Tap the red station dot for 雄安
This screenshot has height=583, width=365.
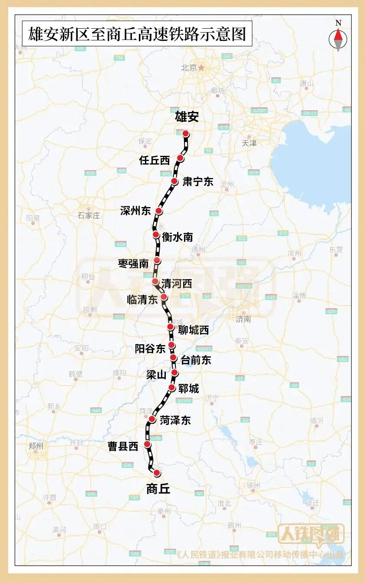[x=186, y=134]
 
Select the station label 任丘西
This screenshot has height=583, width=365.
[x=154, y=160]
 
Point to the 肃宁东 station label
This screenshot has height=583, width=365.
[x=198, y=181]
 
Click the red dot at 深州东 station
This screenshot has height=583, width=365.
[x=159, y=211]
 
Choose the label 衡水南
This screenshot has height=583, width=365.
[x=177, y=237]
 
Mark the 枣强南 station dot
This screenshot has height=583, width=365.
[x=157, y=260]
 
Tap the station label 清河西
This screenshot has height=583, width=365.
[x=176, y=284]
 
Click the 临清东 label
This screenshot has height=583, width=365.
[x=142, y=300]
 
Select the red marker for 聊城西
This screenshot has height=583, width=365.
[x=171, y=327]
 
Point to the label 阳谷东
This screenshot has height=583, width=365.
[x=150, y=348]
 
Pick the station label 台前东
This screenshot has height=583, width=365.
[x=196, y=359]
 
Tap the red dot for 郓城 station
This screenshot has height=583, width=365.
[x=172, y=387]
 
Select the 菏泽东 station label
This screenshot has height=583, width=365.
[x=175, y=420]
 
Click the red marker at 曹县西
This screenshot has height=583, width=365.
[x=148, y=444]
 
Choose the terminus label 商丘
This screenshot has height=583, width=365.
[x=158, y=489]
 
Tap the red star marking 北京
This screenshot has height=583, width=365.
[x=201, y=68]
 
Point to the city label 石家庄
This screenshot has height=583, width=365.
[x=89, y=215]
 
